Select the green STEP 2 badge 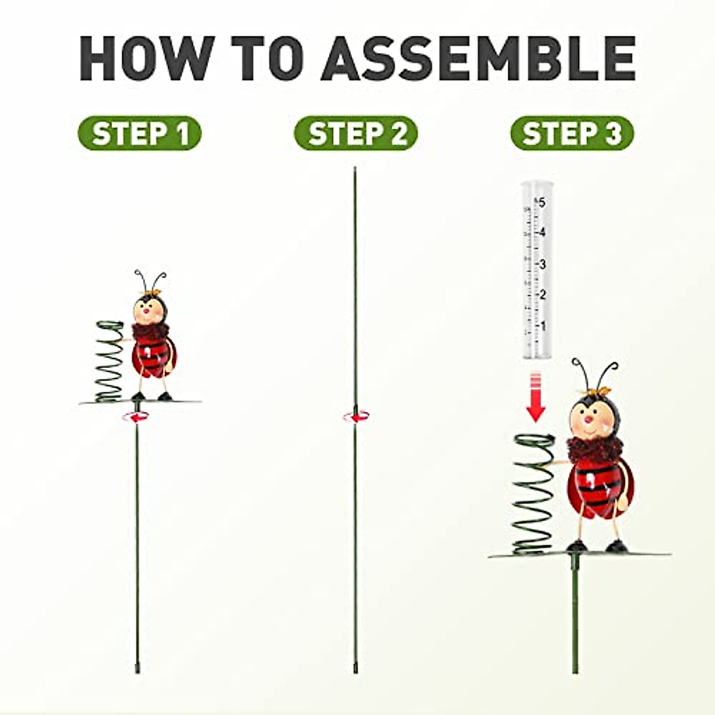coord(356,133)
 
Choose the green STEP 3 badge coord(572,133)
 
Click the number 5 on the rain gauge coord(542,203)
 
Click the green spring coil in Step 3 coord(534,495)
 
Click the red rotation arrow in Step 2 coord(355,416)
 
